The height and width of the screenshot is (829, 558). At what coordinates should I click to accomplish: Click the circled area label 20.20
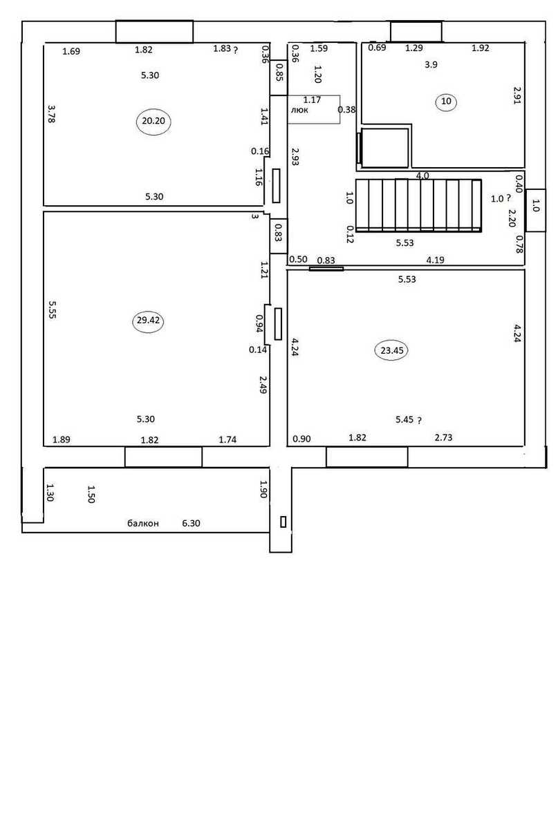(x=154, y=121)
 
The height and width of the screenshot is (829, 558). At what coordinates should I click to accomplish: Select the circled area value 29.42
(x=148, y=320)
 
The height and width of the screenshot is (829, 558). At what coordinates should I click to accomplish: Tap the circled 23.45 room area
(x=391, y=350)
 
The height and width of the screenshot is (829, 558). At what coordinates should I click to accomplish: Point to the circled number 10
(x=446, y=101)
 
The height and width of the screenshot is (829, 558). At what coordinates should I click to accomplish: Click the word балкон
(x=143, y=524)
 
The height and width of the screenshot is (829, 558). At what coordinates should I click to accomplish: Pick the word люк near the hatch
(x=299, y=110)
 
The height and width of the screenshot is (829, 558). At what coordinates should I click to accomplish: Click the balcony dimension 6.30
(x=191, y=523)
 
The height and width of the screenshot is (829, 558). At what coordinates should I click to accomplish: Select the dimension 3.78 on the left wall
(x=51, y=113)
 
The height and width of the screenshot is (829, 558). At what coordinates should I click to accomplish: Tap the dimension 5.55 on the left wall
(x=53, y=309)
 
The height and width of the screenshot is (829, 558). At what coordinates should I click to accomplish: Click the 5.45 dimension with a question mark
(x=409, y=420)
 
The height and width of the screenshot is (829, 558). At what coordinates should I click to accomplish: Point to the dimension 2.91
(x=517, y=95)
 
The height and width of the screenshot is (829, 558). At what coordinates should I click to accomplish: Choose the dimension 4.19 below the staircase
(x=435, y=260)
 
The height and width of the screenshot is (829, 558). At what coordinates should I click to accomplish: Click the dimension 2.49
(x=263, y=385)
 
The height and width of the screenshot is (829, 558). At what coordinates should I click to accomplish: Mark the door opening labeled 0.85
(x=279, y=77)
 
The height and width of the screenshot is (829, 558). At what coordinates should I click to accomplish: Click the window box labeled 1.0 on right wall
(x=535, y=210)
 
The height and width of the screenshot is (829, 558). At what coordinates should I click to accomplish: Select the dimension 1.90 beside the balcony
(x=263, y=489)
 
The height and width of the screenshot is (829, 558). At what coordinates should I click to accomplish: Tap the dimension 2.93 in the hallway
(x=295, y=157)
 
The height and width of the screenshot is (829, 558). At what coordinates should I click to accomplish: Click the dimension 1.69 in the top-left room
(x=71, y=51)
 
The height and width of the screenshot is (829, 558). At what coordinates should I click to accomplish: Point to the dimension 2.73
(x=443, y=437)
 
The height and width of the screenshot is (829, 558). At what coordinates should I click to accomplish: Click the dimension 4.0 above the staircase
(x=422, y=175)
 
